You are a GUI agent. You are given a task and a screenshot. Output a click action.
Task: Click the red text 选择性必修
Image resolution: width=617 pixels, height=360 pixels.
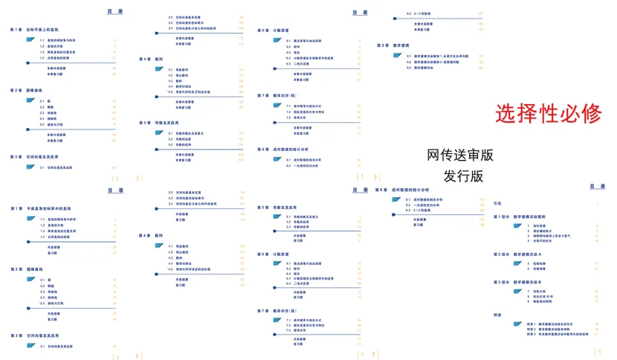pyautogui.click(x=549, y=113)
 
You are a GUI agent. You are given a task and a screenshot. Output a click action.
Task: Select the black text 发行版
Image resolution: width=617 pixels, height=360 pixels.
pyautogui.click(x=463, y=176)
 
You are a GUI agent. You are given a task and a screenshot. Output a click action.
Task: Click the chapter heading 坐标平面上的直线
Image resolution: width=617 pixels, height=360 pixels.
pyautogui.click(x=45, y=30)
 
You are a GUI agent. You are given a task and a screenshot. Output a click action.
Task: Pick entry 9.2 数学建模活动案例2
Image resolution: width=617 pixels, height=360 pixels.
pyautogui.click(x=439, y=62)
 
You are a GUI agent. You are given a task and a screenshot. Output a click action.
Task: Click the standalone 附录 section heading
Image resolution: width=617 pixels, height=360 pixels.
pyautogui.click(x=497, y=314)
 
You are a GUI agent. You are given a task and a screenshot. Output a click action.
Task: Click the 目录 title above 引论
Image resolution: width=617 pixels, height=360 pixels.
pyautogui.click(x=597, y=186)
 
